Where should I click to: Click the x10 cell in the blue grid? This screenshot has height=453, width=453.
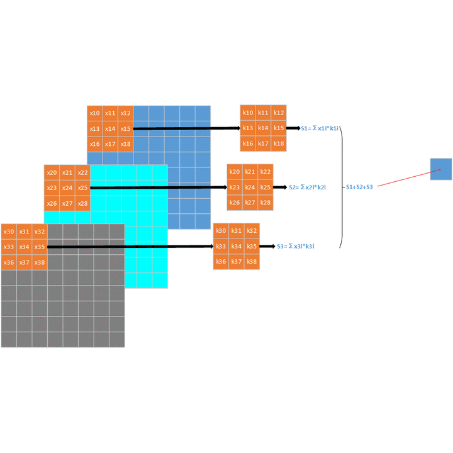tap(94, 113)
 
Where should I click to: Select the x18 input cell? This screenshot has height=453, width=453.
tap(125, 144)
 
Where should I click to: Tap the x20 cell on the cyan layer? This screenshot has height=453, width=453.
tap(52, 172)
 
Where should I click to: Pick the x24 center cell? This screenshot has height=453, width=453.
tap(67, 187)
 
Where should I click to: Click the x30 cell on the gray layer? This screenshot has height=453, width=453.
tap(8, 232)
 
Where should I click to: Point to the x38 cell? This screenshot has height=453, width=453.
tap(39, 262)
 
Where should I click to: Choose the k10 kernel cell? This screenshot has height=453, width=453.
tap(248, 113)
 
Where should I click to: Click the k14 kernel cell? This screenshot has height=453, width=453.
tap(263, 128)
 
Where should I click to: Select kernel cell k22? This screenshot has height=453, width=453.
tap(266, 172)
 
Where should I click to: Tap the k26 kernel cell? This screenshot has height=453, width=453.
tap(235, 202)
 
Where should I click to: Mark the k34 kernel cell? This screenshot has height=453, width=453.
tap(236, 246)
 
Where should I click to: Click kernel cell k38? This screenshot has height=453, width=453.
tap(252, 261)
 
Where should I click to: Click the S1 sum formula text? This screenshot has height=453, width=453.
tap(320, 128)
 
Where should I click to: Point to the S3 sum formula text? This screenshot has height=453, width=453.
tap(296, 247)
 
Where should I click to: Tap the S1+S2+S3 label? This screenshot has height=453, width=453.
tap(359, 187)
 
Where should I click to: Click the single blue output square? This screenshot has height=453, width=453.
tap(441, 169)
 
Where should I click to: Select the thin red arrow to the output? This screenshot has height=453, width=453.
tap(403, 178)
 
